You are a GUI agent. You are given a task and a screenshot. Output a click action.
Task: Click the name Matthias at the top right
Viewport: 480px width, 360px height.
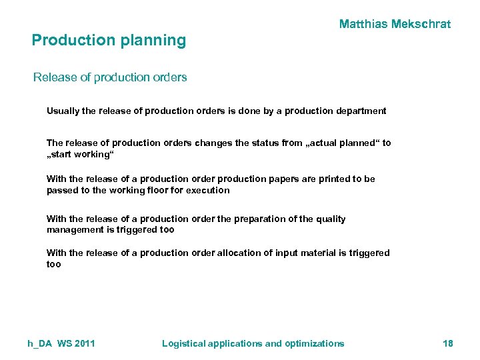pyautogui.click(x=364, y=25)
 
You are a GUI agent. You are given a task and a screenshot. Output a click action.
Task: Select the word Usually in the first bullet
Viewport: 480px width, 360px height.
pyautogui.click(x=63, y=111)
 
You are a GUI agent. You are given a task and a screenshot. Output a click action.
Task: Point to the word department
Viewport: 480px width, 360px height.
pyautogui.click(x=361, y=111)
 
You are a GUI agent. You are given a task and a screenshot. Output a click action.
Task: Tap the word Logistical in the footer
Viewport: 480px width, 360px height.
pyautogui.click(x=184, y=343)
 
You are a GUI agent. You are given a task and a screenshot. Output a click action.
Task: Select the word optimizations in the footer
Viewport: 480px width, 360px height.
pyautogui.click(x=315, y=343)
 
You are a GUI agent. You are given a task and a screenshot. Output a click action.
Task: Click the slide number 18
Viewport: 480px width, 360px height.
pyautogui.click(x=447, y=343)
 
